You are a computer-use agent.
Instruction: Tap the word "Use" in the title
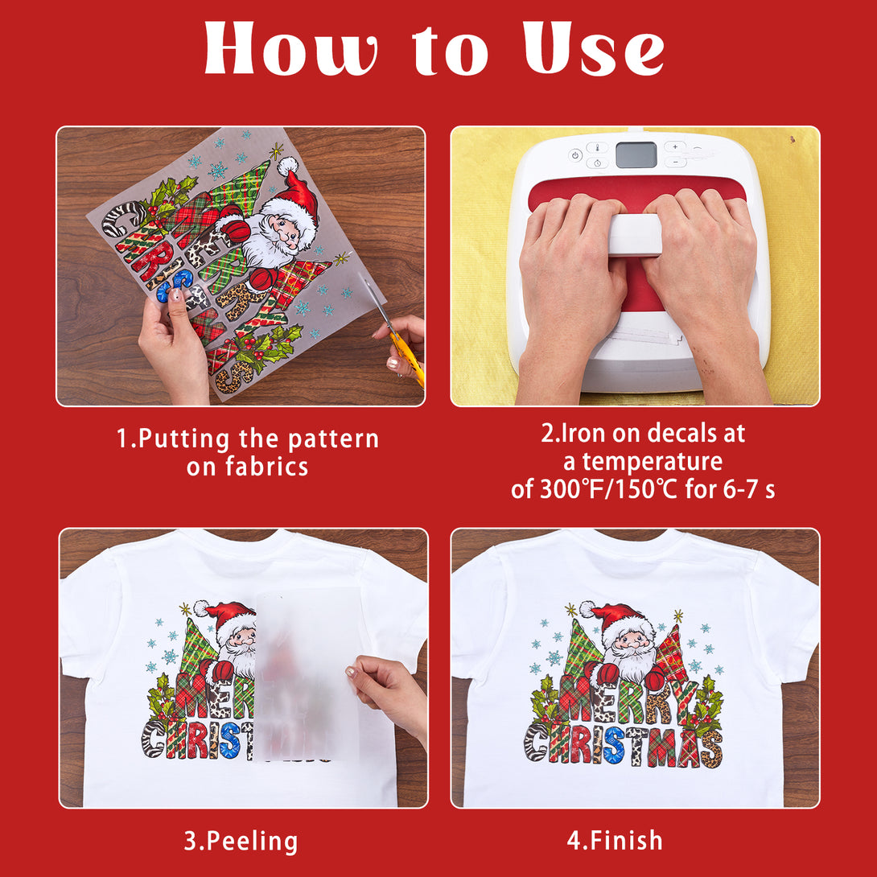pyautogui.click(x=594, y=48)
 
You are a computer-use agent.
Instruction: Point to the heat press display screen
pyautogui.click(x=636, y=154)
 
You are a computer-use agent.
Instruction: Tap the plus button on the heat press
pyautogui.click(x=675, y=146)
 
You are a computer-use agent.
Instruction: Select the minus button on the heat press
pyautogui.click(x=675, y=163)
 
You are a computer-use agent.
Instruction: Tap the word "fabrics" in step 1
pyautogui.click(x=267, y=467)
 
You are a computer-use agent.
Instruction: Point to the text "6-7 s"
pyautogui.click(x=749, y=489)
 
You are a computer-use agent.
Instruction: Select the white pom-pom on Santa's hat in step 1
pyautogui.click(x=287, y=166)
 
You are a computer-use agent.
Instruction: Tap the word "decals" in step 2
pyautogui.click(x=647, y=434)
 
